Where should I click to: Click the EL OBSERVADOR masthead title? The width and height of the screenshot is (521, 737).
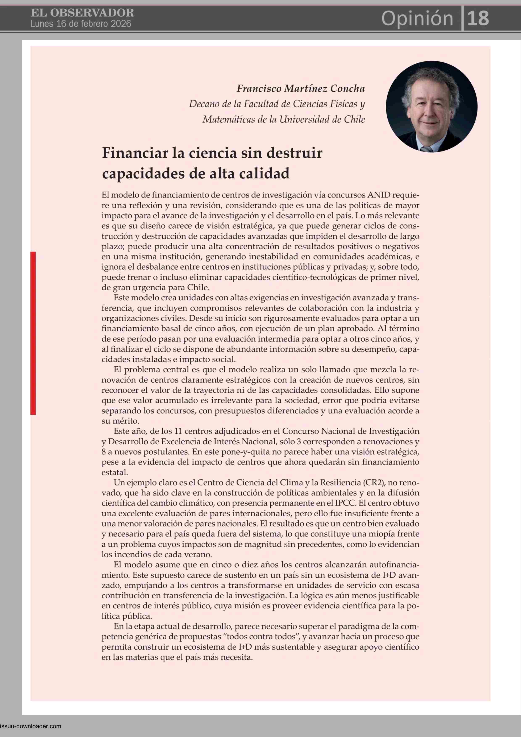[83, 13]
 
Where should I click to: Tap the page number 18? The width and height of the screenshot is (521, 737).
[478, 18]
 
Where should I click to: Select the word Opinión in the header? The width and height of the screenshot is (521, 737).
[417, 18]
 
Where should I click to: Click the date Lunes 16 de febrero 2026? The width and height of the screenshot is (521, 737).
[81, 24]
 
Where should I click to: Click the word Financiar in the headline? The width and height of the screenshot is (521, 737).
[135, 153]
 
